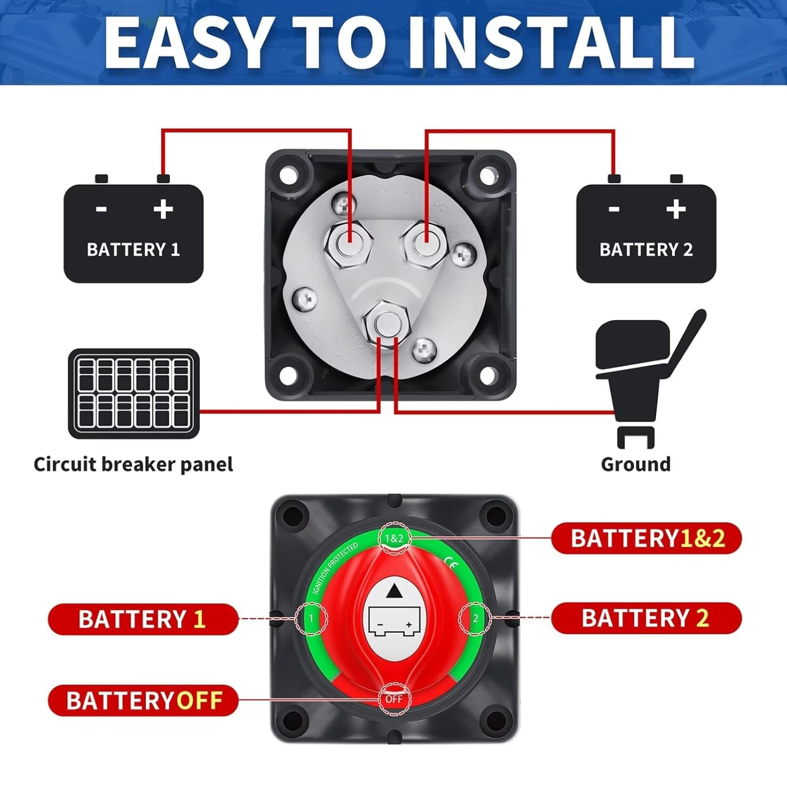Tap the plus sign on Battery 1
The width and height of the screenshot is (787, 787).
[x=163, y=209]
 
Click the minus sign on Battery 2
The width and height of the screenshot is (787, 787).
[x=614, y=209]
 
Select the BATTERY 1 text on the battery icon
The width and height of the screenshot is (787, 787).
[x=133, y=249]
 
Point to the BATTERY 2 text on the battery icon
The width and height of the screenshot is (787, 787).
[x=646, y=249]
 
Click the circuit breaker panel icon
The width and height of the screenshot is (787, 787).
[x=134, y=393]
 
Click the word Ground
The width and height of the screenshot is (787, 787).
[x=635, y=464]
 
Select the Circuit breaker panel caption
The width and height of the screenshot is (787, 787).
[x=133, y=464]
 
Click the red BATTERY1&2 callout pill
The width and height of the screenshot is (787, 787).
[x=646, y=538]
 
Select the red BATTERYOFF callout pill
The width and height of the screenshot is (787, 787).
[x=143, y=700]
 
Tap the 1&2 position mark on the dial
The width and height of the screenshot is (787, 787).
[x=394, y=538]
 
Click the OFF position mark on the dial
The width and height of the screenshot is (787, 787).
[x=394, y=699]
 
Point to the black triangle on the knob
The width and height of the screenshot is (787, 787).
[x=394, y=592]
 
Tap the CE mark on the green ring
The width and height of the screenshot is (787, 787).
[x=450, y=565]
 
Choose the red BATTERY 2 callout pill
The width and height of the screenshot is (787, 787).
[x=646, y=618]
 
